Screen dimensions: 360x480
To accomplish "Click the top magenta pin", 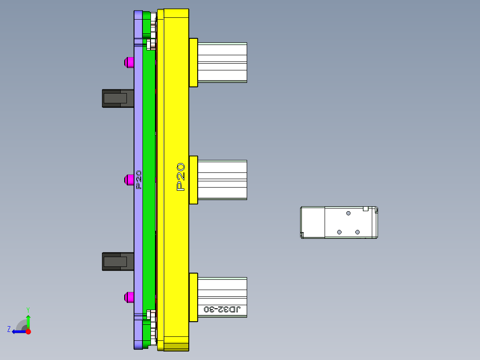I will [x=129, y=62].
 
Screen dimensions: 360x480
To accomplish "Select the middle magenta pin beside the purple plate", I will [x=129, y=180].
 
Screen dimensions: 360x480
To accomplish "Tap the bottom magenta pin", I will [x=129, y=297].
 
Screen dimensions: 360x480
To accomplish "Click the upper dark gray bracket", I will [x=118, y=98].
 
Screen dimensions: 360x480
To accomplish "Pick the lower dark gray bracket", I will [x=118, y=262].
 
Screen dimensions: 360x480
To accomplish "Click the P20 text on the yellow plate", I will [x=181, y=177].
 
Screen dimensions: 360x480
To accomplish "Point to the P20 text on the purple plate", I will [x=138, y=180].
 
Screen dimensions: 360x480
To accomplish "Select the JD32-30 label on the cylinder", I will [x=222, y=309].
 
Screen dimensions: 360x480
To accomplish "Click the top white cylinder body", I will [x=222, y=62].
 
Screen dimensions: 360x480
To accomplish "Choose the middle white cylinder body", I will [x=222, y=180].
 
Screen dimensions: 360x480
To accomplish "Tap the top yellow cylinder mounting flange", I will [x=193, y=62].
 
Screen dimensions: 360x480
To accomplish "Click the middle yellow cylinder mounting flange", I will [x=193, y=180].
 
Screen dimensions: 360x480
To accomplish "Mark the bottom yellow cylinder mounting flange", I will [x=193, y=297].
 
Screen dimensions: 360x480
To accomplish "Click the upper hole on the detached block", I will [x=348, y=213].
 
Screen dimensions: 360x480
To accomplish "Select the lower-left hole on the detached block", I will [x=339, y=232].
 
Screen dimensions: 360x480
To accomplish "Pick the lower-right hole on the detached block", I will [x=357, y=232].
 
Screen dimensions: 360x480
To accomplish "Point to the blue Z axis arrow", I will [x=17, y=331].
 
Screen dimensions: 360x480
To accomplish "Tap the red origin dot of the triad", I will [x=28, y=331].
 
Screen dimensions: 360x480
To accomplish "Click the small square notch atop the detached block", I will [x=366, y=209].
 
